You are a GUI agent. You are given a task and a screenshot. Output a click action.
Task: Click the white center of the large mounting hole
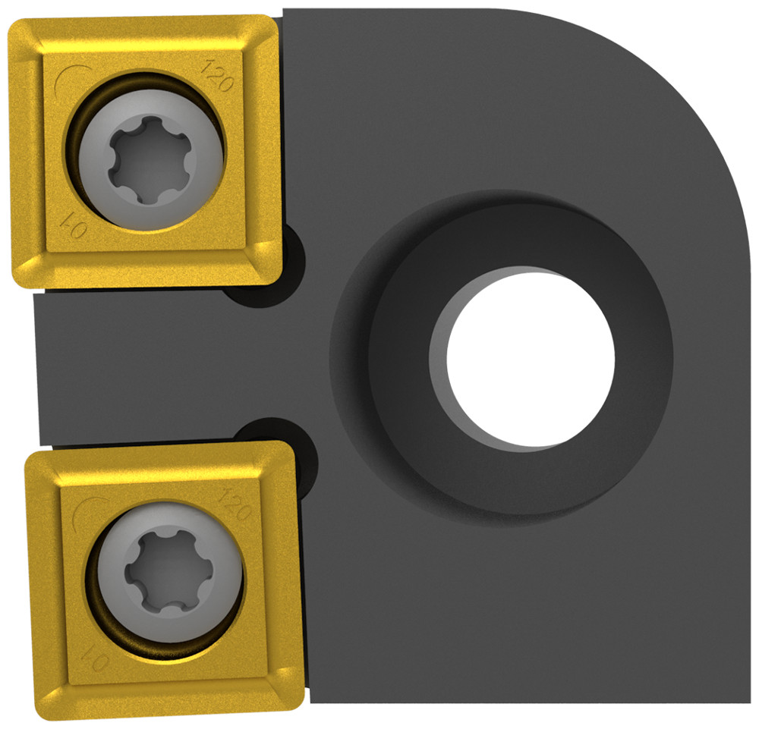point(530,357)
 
